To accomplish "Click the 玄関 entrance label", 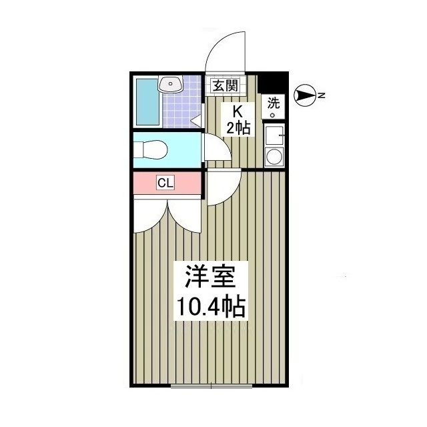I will point(224,85).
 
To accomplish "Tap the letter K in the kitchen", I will point(237,111).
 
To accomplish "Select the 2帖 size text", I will point(238,128).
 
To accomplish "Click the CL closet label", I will point(165,183).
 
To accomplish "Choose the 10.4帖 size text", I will point(210,307).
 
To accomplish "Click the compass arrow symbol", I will point(304,97).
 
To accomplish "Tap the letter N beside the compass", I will point(321,96).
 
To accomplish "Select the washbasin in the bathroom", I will point(169,85).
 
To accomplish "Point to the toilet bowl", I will point(151,149).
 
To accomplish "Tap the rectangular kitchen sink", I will point(274,135).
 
